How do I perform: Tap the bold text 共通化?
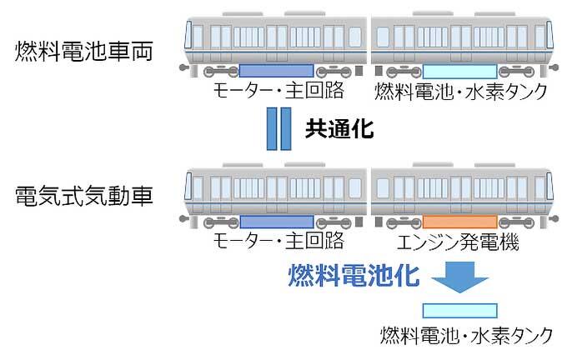pyautogui.click(x=338, y=128)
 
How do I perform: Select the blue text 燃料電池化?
pyautogui.click(x=354, y=275)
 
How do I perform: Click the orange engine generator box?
pyautogui.click(x=459, y=222)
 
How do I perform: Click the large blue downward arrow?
pyautogui.click(x=459, y=278)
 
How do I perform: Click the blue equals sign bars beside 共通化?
pyautogui.click(x=278, y=128)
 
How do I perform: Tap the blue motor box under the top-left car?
pyautogui.click(x=276, y=71)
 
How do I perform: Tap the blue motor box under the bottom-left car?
pyautogui.click(x=276, y=222)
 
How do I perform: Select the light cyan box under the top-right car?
pyautogui.click(x=459, y=71)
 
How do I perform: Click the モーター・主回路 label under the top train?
pyautogui.click(x=277, y=90)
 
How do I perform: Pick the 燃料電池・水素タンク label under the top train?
pyautogui.click(x=460, y=91)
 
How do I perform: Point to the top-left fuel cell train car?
pyautogui.click(x=276, y=37)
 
